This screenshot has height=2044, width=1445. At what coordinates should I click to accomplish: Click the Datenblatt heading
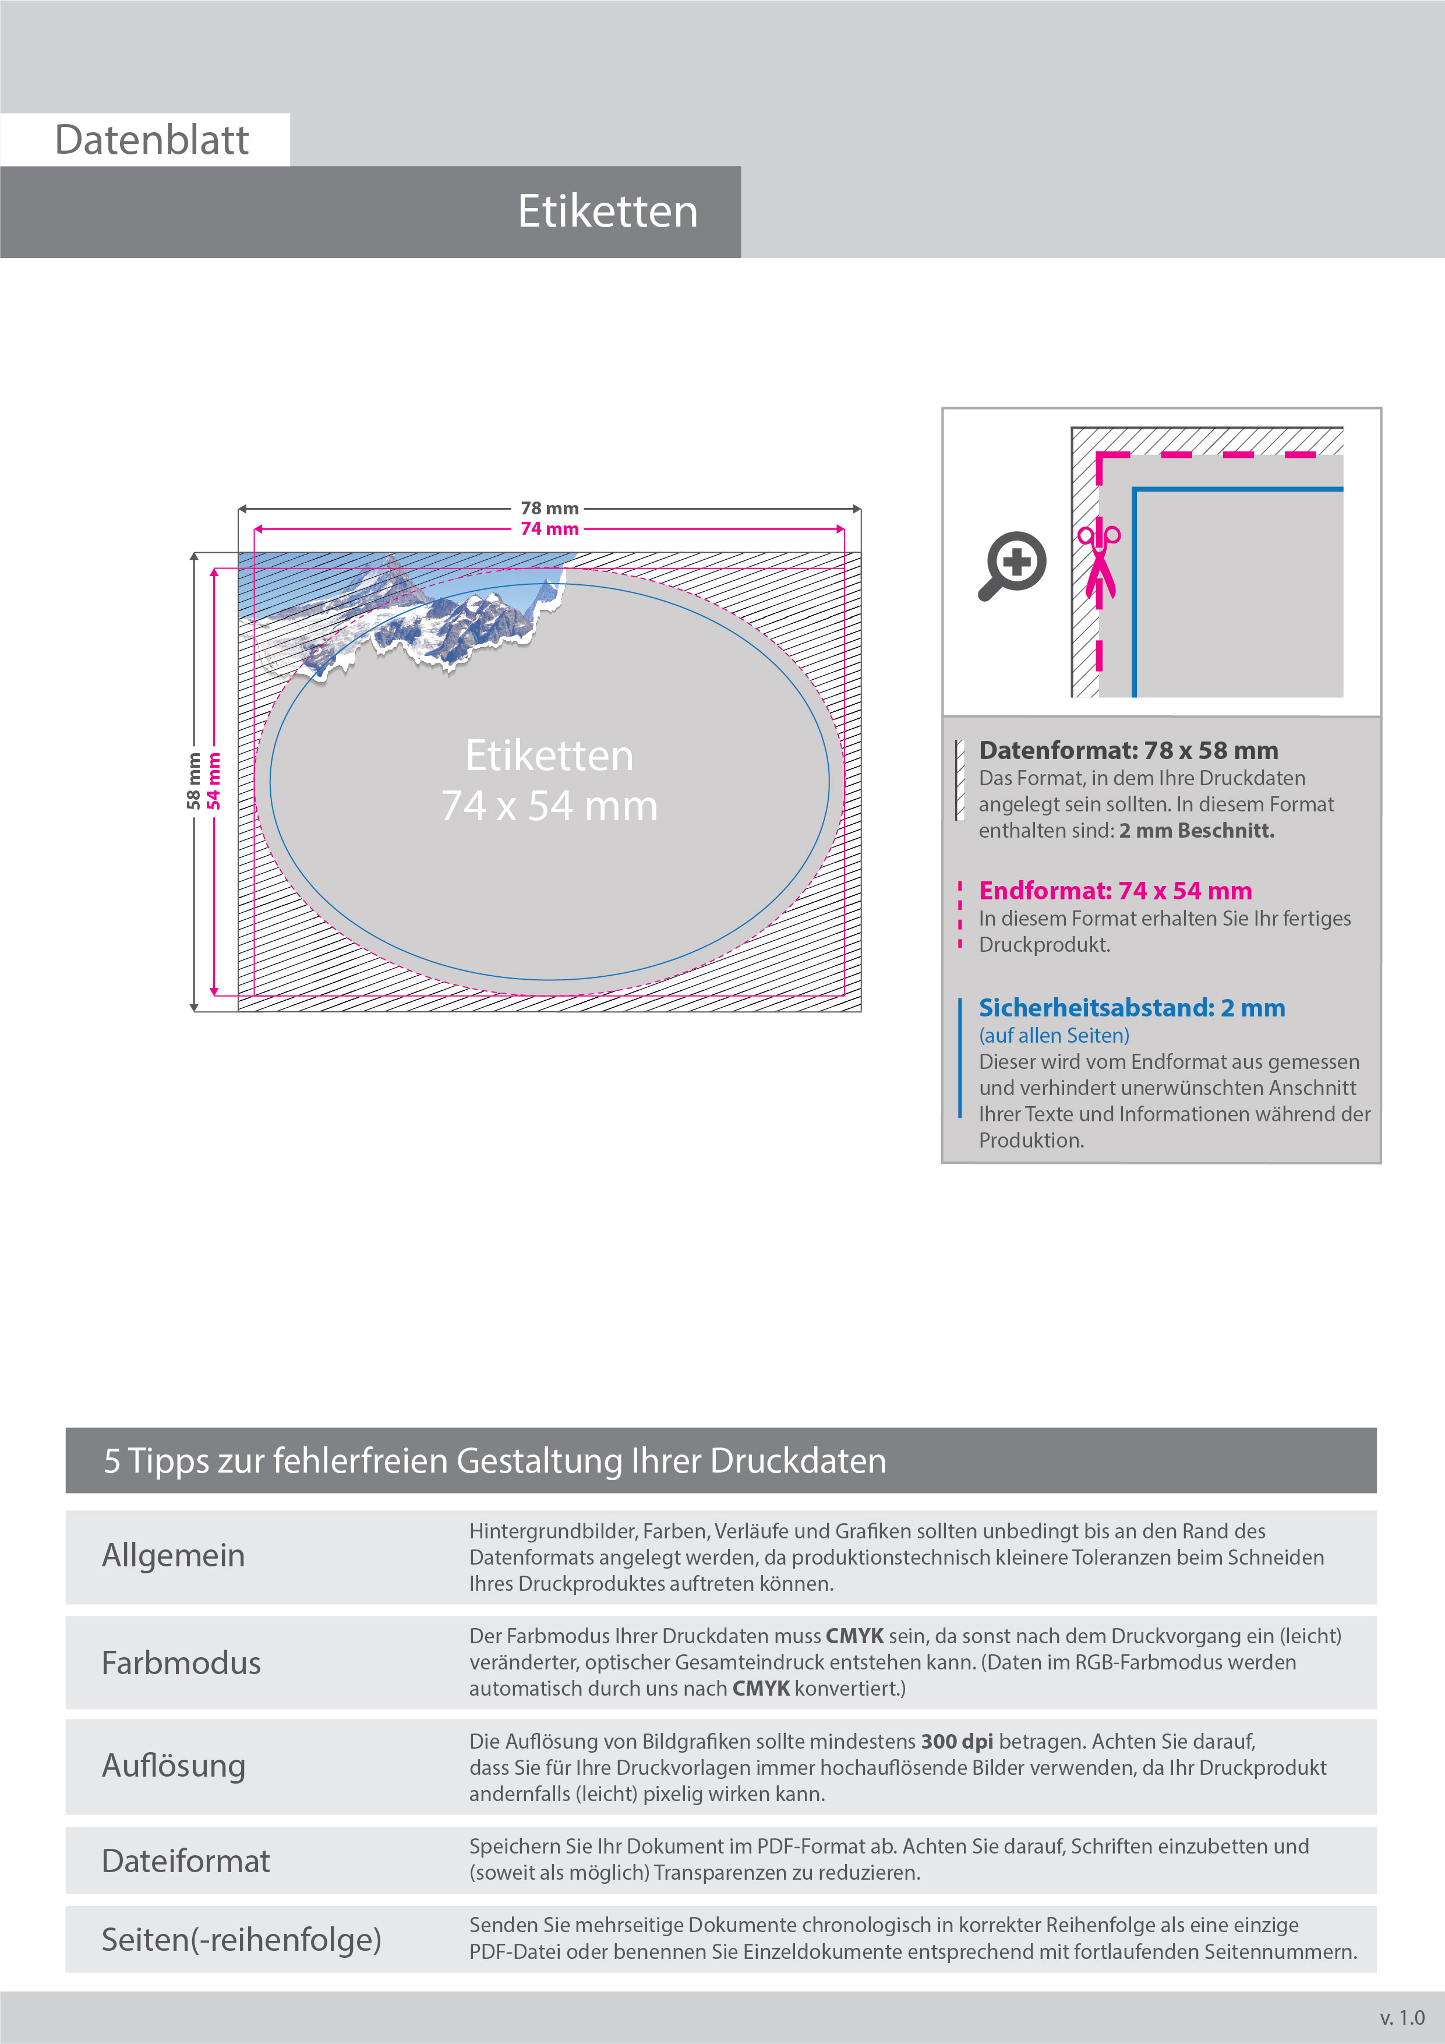[151, 140]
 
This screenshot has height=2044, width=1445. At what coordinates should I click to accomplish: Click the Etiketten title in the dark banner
[607, 212]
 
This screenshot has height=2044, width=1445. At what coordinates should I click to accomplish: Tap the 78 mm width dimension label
[549, 509]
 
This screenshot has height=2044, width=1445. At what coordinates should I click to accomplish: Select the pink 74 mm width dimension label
[549, 529]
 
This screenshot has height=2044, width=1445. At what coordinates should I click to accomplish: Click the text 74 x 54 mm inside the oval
[549, 806]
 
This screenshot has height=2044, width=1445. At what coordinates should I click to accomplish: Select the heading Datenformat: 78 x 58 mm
[1128, 750]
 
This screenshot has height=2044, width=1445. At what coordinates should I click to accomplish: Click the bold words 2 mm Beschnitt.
[1197, 831]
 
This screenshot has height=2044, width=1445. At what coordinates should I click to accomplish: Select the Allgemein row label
[174, 1555]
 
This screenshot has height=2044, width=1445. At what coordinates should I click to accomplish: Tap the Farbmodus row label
[182, 1663]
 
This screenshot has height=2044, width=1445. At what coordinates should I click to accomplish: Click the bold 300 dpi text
[956, 1741]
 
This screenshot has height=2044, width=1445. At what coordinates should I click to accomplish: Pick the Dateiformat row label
[185, 1861]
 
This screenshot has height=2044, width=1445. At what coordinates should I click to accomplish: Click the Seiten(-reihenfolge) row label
[241, 1939]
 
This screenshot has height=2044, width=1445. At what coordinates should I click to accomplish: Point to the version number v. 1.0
[1401, 2017]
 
